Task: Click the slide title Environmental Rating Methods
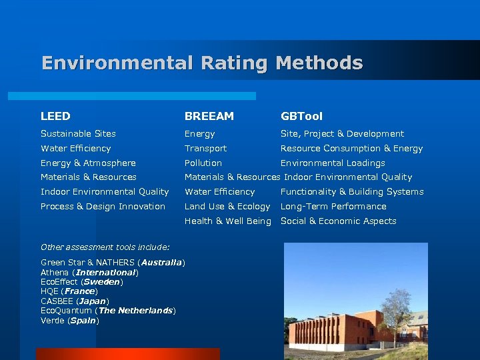point(202,63)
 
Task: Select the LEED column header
point(55,116)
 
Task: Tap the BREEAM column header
point(209,116)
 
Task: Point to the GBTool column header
point(301,116)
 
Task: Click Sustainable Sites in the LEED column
point(78,134)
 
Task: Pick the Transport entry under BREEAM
point(205,149)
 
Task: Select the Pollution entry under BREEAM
point(203,163)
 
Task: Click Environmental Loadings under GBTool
point(333,163)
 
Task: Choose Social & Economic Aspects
point(338,221)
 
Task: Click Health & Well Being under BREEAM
point(227,221)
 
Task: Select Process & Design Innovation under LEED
point(103,207)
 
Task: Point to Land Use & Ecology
point(227,207)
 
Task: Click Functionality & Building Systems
point(351,192)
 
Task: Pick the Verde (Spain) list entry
point(69,321)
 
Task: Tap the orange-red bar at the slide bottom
point(127,354)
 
